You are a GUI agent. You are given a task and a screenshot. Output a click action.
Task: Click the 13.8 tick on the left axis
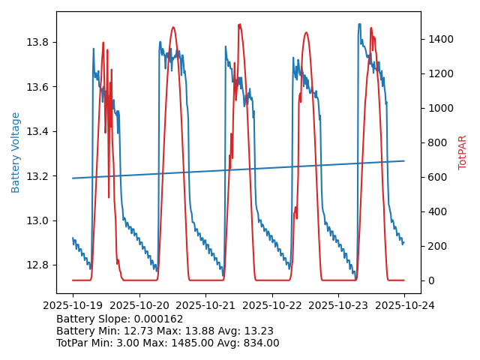[x=38, y=42]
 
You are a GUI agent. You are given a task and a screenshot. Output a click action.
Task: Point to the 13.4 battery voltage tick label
[x=38, y=131]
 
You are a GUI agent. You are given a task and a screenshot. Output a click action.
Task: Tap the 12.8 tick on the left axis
[x=38, y=265]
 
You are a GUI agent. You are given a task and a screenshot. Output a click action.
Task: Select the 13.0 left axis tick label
[x=38, y=220]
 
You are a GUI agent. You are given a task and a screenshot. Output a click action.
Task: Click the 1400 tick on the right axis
[x=440, y=39]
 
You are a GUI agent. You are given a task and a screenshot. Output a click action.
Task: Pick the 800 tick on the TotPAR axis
[x=437, y=142]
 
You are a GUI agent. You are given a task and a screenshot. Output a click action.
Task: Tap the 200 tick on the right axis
[x=437, y=246]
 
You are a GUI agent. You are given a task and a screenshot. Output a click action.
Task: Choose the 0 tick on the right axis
[x=431, y=280]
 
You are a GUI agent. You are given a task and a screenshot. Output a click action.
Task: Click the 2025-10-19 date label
[x=73, y=305]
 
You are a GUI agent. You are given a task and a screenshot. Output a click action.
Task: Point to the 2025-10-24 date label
[x=404, y=305]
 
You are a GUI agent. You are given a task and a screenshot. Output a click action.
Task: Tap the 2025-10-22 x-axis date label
[x=271, y=305]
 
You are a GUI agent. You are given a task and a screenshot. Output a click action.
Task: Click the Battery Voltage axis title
[x=16, y=152]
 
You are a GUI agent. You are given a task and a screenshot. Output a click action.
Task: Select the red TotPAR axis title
[x=463, y=152]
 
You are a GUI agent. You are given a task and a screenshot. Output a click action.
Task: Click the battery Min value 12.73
[x=143, y=331]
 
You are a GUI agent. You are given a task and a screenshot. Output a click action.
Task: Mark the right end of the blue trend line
[x=404, y=160]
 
